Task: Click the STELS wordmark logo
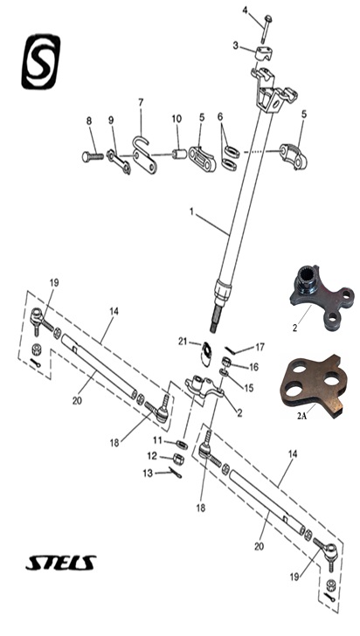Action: (61, 563)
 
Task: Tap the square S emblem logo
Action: (40, 61)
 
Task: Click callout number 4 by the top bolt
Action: (245, 10)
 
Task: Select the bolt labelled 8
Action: (93, 156)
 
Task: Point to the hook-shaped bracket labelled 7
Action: (144, 156)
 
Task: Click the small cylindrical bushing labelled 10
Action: (179, 154)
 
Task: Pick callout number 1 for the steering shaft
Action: (191, 211)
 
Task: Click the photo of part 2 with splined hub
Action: (321, 296)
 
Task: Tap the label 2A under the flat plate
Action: (301, 416)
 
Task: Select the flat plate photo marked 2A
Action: (314, 385)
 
